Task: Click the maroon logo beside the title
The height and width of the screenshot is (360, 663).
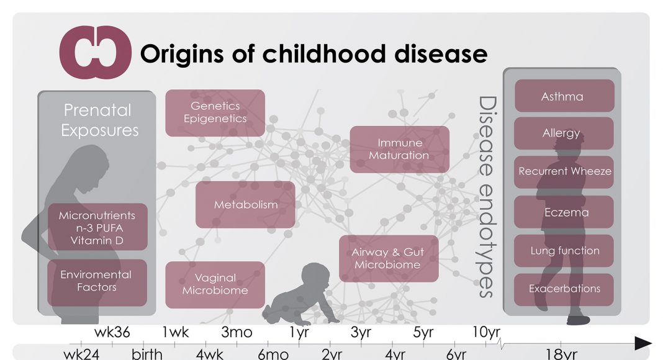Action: tap(95, 52)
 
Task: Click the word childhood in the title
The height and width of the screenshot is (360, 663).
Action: tap(323, 54)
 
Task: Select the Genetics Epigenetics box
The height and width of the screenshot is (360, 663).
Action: tap(215, 113)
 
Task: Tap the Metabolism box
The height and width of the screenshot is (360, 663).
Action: tap(245, 204)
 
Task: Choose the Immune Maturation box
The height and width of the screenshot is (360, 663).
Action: tap(400, 149)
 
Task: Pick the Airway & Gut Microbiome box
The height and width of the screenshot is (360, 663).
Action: tap(389, 259)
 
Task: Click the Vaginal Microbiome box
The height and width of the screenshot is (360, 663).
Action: tap(215, 284)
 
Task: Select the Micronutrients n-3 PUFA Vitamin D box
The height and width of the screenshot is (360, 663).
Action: tap(97, 227)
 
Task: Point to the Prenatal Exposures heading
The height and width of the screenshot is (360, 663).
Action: tap(99, 120)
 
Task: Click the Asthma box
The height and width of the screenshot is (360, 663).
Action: tap(564, 96)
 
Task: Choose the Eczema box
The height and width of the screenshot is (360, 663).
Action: tap(564, 212)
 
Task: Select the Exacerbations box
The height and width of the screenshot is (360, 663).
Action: tap(564, 289)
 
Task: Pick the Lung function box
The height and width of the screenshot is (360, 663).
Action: tap(564, 251)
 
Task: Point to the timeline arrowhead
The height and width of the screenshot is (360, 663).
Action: tap(643, 343)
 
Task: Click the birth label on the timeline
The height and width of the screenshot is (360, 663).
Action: tap(147, 353)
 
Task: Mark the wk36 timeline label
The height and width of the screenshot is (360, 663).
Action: tap(112, 332)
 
